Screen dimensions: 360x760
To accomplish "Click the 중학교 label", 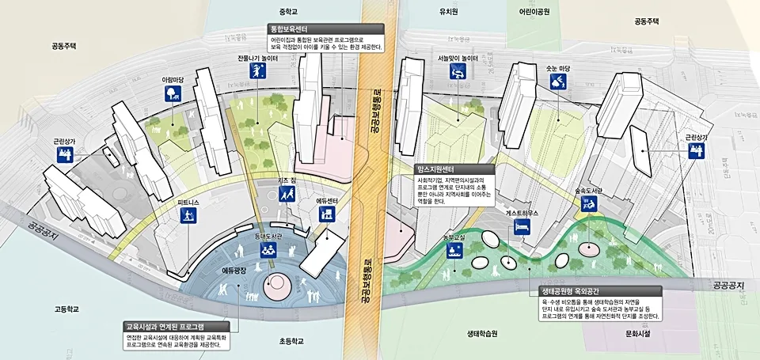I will pyautogui.click(x=287, y=12).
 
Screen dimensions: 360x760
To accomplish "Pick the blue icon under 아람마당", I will pyautogui.click(x=172, y=95).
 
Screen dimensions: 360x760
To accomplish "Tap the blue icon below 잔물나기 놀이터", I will pyautogui.click(x=258, y=73).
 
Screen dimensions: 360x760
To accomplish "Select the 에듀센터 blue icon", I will pyautogui.click(x=328, y=215).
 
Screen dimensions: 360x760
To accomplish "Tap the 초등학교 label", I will pyautogui.click(x=292, y=342).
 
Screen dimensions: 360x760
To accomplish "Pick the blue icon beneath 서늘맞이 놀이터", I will pyautogui.click(x=457, y=73).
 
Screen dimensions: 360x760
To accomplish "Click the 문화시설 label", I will pyautogui.click(x=639, y=334).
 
